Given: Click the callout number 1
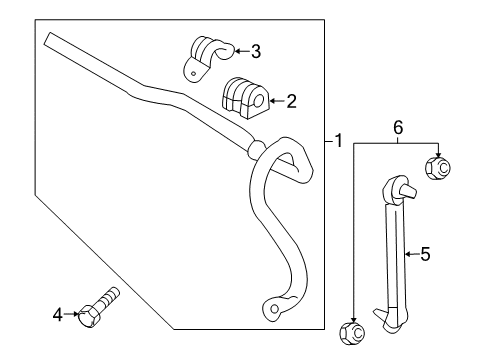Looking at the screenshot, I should click(338, 141).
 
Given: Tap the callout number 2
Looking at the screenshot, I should click(292, 100).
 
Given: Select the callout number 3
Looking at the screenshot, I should click(256, 51).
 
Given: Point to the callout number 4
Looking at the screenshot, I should click(58, 315).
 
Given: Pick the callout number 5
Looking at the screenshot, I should click(424, 255).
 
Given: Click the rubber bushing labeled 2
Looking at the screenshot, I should click(244, 97).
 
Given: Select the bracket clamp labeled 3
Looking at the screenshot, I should click(205, 56).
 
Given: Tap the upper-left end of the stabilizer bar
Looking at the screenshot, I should click(50, 39).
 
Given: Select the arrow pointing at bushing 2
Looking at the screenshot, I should click(276, 100).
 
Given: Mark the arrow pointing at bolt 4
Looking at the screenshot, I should click(72, 315).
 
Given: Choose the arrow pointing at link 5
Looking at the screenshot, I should click(409, 255).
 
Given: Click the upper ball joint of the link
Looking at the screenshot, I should click(397, 186).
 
